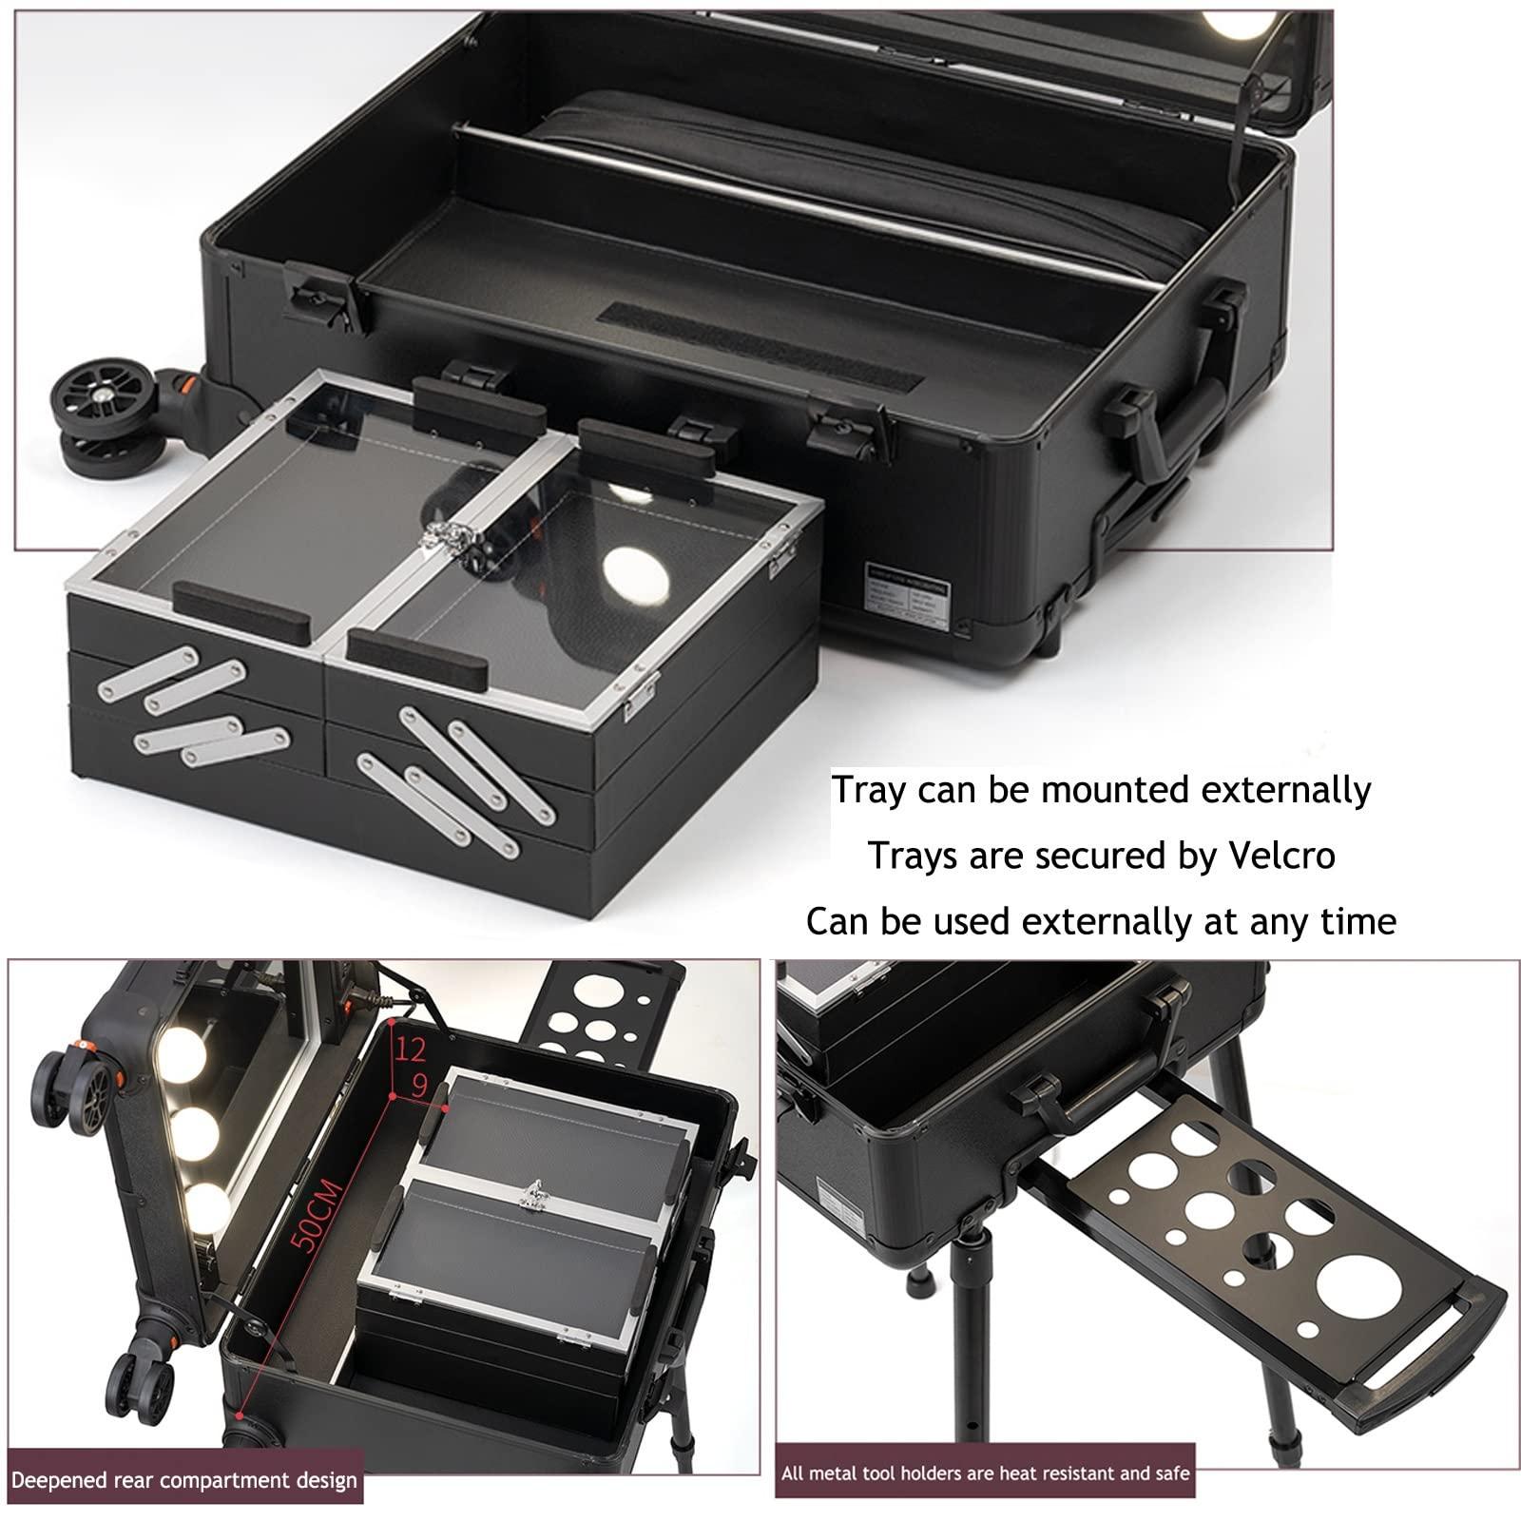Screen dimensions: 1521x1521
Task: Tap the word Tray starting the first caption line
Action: click(x=866, y=791)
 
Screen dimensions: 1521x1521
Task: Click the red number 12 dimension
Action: click(x=411, y=1049)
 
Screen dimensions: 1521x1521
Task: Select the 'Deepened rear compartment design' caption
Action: click(x=184, y=1480)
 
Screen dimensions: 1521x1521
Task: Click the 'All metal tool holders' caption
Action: click(x=985, y=1474)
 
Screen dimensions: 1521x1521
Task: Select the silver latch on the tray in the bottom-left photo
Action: click(x=533, y=1189)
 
